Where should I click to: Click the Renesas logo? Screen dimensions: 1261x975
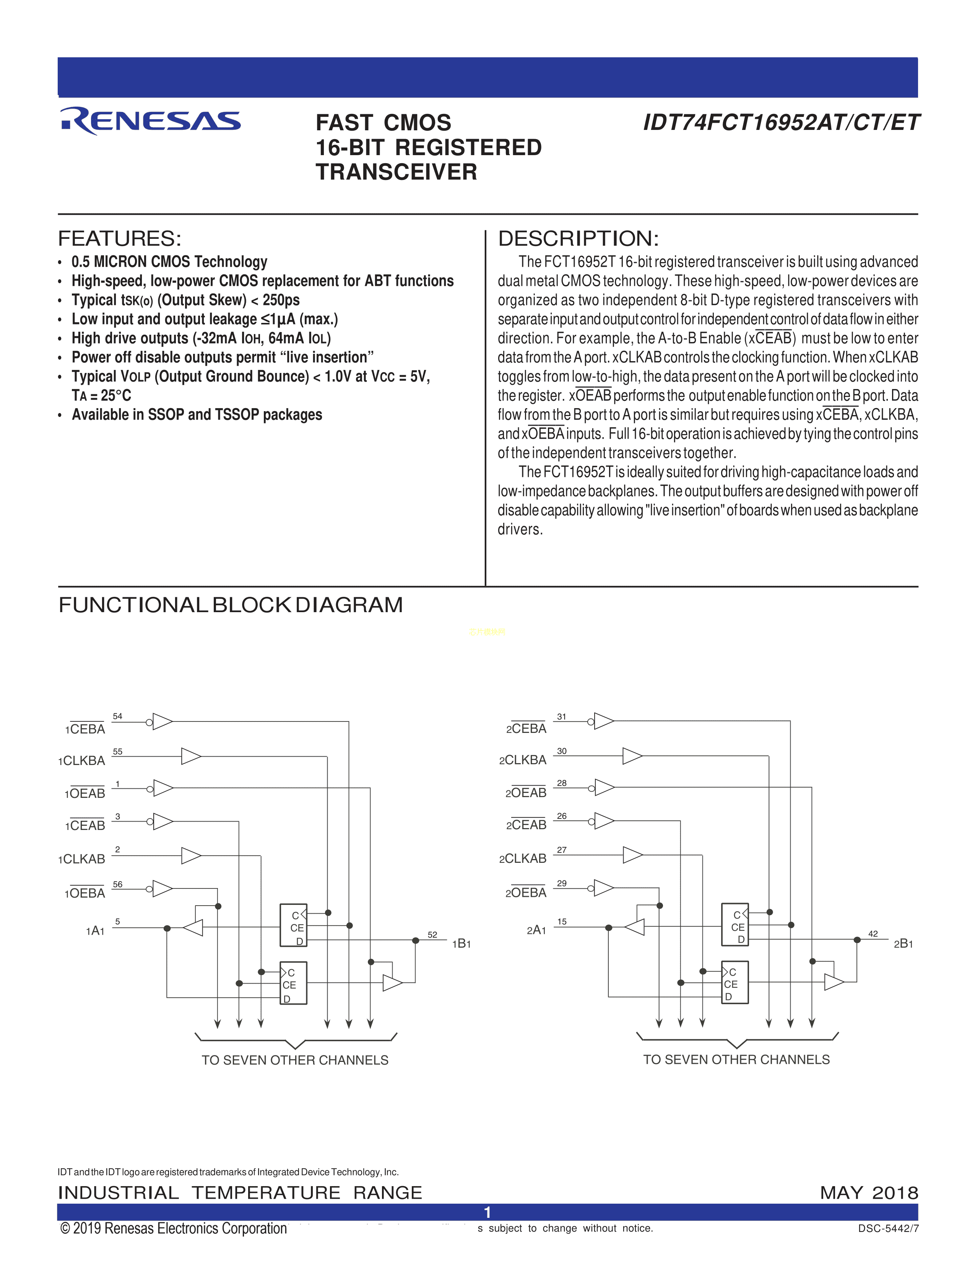(150, 121)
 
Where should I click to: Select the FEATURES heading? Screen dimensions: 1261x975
(120, 238)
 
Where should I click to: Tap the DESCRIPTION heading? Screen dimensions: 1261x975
(578, 238)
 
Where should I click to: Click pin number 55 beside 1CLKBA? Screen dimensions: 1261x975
(117, 751)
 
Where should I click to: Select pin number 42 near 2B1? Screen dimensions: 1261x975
(873, 934)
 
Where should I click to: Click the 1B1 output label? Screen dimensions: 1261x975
(461, 944)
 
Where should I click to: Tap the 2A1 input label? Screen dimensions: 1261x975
(536, 930)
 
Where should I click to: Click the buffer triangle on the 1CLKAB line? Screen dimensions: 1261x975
(191, 856)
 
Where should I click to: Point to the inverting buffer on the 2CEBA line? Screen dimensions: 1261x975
(603, 721)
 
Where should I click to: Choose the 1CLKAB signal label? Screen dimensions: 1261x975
(81, 859)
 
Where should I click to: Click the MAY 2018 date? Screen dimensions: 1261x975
(869, 1192)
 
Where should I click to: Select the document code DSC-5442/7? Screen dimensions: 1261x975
(888, 1229)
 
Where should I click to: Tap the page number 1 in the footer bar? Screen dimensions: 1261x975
(487, 1212)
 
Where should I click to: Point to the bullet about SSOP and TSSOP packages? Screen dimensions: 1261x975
(197, 415)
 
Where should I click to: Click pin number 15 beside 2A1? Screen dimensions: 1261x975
(561, 922)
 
